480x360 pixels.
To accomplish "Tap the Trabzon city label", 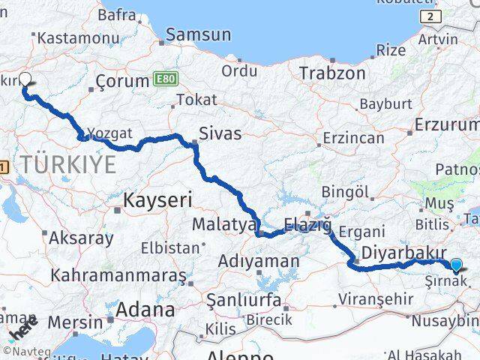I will coord(332,73).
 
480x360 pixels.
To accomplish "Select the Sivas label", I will coord(220,134).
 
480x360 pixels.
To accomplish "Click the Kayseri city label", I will coord(157,200).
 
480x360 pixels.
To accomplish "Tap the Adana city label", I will coord(145,309).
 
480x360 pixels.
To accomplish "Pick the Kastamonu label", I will coord(64,37).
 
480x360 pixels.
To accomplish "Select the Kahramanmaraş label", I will coord(117,275).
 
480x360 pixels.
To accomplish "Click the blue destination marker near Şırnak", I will coord(457,264).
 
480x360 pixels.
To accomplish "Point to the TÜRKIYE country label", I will coord(68,164).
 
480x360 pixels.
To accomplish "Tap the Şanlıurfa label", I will coord(244,301).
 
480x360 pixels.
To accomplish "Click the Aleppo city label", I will coord(241,355).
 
